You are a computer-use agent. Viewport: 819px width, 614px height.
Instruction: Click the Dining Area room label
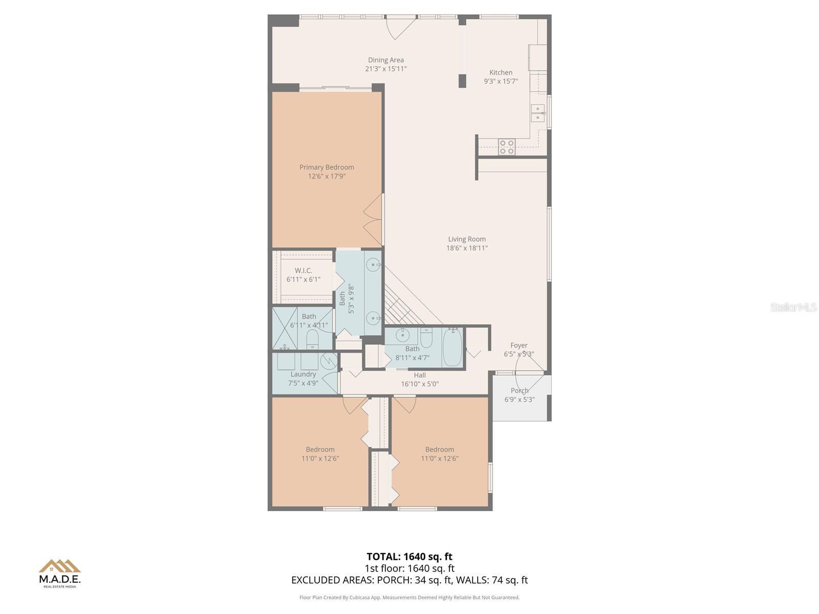[x=385, y=60]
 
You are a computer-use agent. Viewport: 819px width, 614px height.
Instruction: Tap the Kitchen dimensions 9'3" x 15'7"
[x=501, y=81]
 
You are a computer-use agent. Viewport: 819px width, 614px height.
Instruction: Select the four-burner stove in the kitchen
[x=507, y=147]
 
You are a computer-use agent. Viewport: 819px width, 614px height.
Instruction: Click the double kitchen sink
[x=537, y=113]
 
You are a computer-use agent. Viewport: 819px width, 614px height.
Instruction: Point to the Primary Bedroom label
[x=327, y=167]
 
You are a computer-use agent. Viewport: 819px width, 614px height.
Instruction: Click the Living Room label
[x=467, y=239]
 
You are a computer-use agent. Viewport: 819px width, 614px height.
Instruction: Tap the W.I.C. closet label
[x=303, y=270]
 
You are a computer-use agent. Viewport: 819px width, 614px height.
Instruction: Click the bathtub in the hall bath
[x=452, y=347]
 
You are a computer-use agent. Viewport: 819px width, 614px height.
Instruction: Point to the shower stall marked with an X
[x=285, y=327]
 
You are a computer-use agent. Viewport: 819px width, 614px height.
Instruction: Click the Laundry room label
[x=303, y=374]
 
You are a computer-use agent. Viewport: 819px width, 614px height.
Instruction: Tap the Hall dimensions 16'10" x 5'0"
[x=420, y=384]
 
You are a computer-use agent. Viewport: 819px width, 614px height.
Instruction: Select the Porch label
[x=519, y=390]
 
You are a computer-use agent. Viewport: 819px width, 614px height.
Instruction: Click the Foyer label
[x=519, y=345]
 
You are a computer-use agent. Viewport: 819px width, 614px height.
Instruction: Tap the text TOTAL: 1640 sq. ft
[x=409, y=556]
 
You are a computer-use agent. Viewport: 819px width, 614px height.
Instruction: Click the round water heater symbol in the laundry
[x=328, y=361]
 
